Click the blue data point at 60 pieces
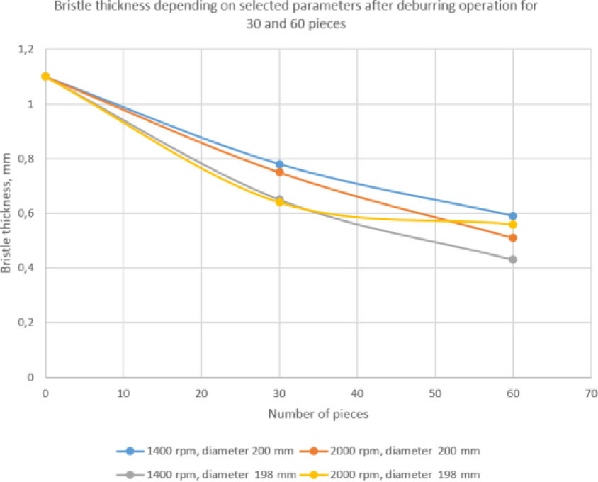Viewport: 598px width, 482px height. pyautogui.click(x=513, y=215)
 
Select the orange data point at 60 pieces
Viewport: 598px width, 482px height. pyautogui.click(x=513, y=237)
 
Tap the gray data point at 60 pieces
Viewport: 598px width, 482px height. pyautogui.click(x=513, y=259)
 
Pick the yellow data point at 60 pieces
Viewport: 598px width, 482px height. pyautogui.click(x=513, y=224)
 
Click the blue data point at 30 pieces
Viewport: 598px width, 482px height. pyautogui.click(x=279, y=164)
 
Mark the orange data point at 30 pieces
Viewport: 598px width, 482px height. pyautogui.click(x=279, y=172)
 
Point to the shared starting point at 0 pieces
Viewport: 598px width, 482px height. pyautogui.click(x=45, y=77)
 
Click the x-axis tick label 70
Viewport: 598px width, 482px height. pyautogui.click(x=590, y=392)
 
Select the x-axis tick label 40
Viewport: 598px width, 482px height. pyautogui.click(x=356, y=392)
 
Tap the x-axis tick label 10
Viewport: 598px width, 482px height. pyautogui.click(x=123, y=392)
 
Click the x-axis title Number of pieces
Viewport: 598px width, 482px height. pyautogui.click(x=317, y=415)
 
